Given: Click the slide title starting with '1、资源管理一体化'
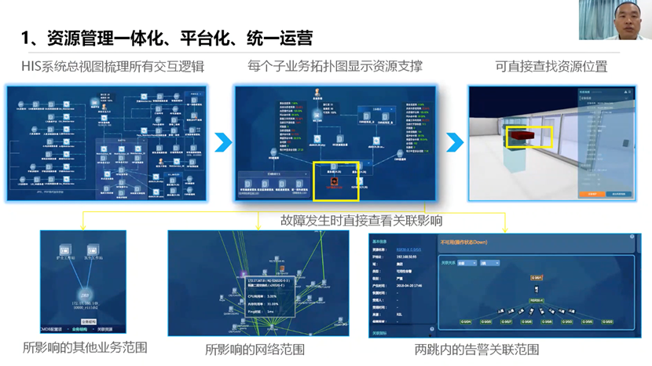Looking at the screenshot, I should click(167, 38).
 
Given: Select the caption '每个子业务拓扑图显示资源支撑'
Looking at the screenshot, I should click(335, 67).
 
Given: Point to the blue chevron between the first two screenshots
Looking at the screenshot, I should click(223, 141).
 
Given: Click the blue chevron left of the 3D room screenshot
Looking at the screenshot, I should click(455, 141).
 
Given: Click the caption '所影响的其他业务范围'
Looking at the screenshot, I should click(85, 347).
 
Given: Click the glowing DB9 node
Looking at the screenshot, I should click(85, 296).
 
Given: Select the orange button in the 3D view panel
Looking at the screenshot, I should click(592, 193).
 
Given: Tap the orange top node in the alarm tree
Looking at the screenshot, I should click(537, 278).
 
